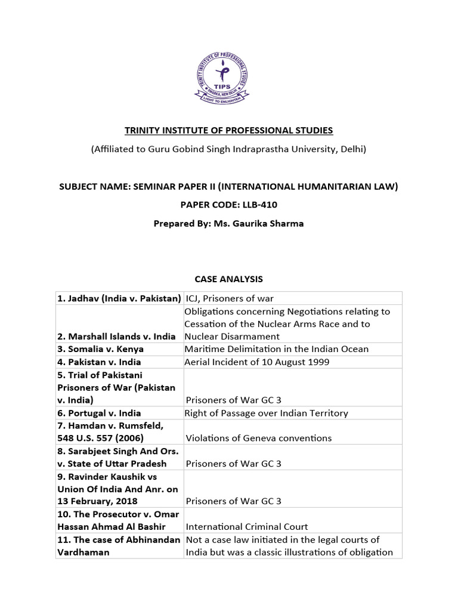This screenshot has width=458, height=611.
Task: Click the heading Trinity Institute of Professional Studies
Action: point(228,130)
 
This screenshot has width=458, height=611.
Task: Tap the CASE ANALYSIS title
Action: point(228,279)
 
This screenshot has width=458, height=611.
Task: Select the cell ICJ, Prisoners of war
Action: point(230,298)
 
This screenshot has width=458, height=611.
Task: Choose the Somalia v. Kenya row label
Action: point(101,349)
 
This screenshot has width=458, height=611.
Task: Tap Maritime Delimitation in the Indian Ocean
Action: point(277,349)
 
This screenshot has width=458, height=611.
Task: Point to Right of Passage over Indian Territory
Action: point(267,413)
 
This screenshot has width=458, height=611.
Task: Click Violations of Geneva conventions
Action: point(258,438)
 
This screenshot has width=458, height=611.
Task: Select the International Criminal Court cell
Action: point(247,527)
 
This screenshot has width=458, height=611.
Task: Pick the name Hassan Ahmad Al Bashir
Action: point(112,527)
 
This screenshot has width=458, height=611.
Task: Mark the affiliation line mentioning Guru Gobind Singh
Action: point(228,149)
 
